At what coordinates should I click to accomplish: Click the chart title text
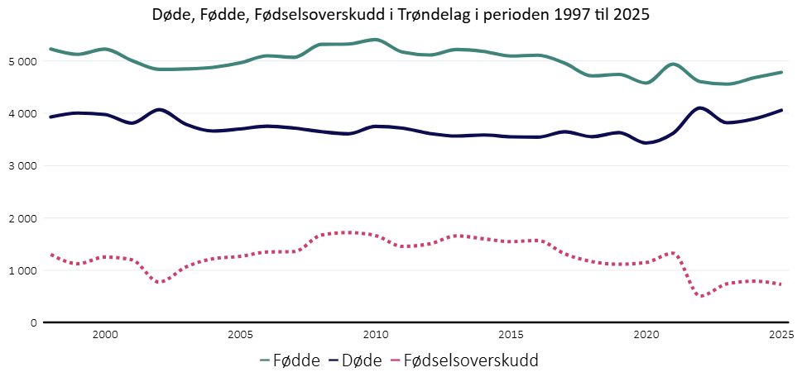[x=401, y=15]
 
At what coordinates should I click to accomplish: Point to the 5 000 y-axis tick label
[x=22, y=61]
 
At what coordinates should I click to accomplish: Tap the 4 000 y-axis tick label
[x=22, y=113]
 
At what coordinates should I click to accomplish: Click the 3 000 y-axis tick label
[x=22, y=165]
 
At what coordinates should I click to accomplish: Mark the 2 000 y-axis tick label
[x=22, y=218]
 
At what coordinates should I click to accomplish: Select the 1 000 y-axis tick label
[x=22, y=270]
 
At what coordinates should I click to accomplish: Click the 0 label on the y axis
[x=34, y=322]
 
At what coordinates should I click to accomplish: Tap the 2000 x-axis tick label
[x=104, y=334]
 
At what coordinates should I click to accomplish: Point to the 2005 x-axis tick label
[x=240, y=334]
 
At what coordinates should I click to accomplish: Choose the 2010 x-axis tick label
[x=376, y=334]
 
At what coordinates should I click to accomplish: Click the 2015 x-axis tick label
[x=511, y=334]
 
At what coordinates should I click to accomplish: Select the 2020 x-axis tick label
[x=646, y=334]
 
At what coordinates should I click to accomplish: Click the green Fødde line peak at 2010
[x=376, y=40]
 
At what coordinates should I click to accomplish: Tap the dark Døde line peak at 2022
[x=701, y=107]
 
